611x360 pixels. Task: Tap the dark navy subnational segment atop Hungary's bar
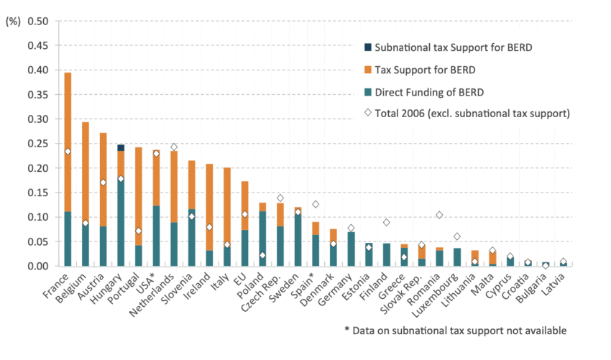tap(121, 147)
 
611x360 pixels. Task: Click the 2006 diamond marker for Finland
tap(386, 223)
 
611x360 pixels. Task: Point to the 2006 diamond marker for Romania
tap(439, 216)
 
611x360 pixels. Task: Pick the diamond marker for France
tap(68, 152)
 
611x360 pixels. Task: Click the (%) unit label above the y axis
tap(13, 22)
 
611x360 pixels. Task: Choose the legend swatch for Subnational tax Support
tap(369, 47)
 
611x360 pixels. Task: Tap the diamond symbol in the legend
tap(369, 112)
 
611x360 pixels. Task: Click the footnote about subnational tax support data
tap(455, 331)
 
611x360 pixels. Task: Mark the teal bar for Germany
tap(351, 249)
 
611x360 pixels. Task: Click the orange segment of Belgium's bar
tap(86, 172)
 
